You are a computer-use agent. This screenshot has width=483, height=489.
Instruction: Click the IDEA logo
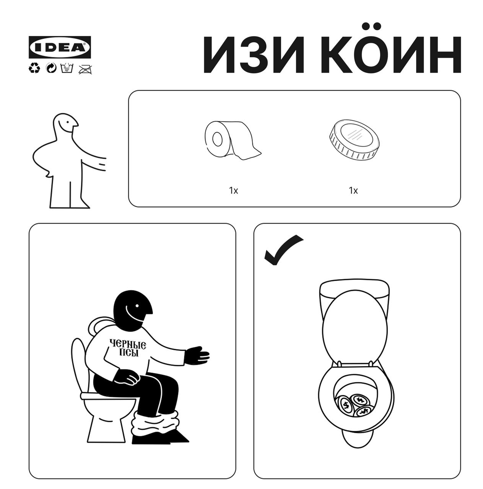(x=60, y=47)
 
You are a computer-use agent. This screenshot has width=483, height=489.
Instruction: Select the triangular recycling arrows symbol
(x=34, y=68)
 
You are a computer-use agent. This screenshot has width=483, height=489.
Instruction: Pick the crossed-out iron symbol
(x=86, y=69)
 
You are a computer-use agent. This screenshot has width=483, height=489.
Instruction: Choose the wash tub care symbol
(x=67, y=68)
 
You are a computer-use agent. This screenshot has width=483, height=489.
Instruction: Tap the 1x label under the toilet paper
(x=234, y=190)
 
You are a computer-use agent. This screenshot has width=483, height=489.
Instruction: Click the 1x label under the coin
(x=353, y=190)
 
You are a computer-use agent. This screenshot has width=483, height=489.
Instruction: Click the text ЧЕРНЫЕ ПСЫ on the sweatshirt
(x=128, y=348)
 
